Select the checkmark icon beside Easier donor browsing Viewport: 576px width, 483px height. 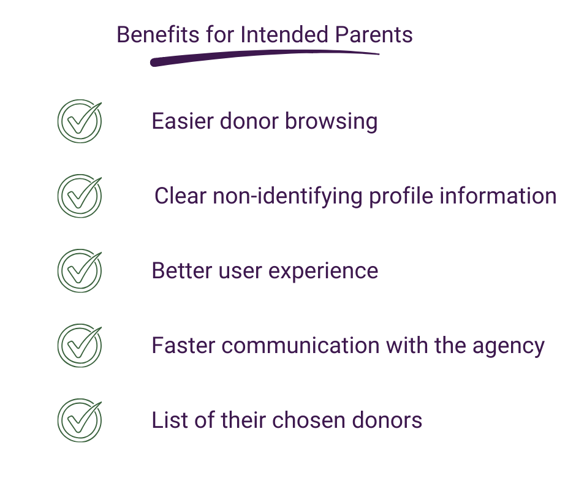(x=79, y=121)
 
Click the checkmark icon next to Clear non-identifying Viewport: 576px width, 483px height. (x=79, y=196)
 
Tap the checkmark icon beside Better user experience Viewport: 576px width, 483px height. (x=79, y=270)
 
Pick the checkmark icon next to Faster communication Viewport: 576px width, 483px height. (x=79, y=345)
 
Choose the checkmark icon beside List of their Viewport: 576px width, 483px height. (x=79, y=420)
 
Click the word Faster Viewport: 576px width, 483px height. (x=183, y=345)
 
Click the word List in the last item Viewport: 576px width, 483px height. (x=165, y=420)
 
